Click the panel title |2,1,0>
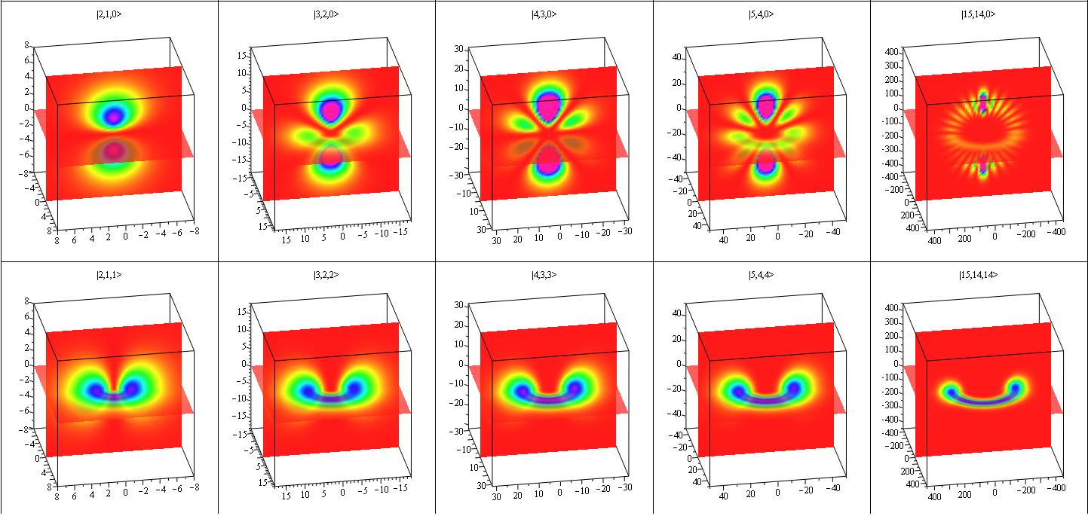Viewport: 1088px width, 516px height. click(109, 14)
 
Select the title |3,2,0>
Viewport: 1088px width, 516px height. click(326, 14)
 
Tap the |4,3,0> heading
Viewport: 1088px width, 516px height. click(544, 14)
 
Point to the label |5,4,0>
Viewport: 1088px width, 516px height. click(761, 14)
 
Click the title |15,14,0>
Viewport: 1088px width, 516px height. click(978, 14)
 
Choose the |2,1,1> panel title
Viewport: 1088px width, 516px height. click(109, 275)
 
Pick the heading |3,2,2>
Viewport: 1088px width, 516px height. click(326, 275)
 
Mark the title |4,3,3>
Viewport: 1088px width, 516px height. click(544, 275)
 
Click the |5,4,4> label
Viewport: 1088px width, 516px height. click(761, 275)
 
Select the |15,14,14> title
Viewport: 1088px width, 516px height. click(978, 275)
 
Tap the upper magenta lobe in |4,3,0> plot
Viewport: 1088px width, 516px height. click(549, 104)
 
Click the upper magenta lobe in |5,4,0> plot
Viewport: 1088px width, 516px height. click(766, 105)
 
